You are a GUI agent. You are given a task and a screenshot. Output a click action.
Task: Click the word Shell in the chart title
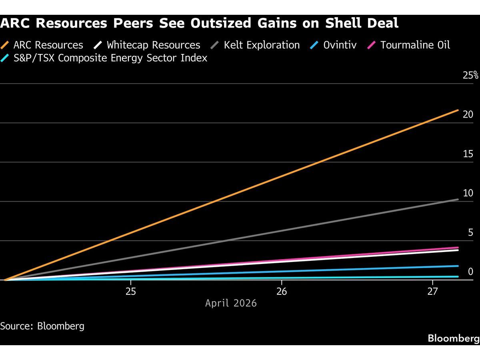pyautogui.click(x=343, y=23)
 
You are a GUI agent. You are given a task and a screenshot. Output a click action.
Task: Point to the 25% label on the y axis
pyautogui.click(x=470, y=75)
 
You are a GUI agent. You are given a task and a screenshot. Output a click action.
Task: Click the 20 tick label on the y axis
pyautogui.click(x=468, y=114)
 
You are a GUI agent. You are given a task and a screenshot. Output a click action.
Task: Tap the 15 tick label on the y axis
pyautogui.click(x=468, y=154)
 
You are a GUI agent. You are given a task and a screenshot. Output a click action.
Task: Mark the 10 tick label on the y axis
pyautogui.click(x=468, y=193)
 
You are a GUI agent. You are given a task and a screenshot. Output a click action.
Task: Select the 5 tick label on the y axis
pyautogui.click(x=470, y=232)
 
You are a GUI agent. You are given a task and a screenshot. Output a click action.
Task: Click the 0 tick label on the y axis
pyautogui.click(x=470, y=272)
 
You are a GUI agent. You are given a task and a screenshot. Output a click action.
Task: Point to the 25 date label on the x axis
pyautogui.click(x=131, y=291)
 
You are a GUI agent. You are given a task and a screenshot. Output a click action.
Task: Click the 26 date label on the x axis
pyautogui.click(x=282, y=291)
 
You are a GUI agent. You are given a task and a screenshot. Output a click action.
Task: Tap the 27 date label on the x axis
pyautogui.click(x=432, y=291)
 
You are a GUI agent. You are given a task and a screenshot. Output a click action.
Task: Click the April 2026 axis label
pyautogui.click(x=231, y=303)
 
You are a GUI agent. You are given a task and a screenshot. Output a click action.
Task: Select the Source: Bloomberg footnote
pyautogui.click(x=42, y=326)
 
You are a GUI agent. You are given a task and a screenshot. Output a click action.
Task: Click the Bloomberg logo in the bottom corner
pyautogui.click(x=453, y=338)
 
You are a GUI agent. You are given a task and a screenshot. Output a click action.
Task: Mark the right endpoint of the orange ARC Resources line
pyautogui.click(x=458, y=110)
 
